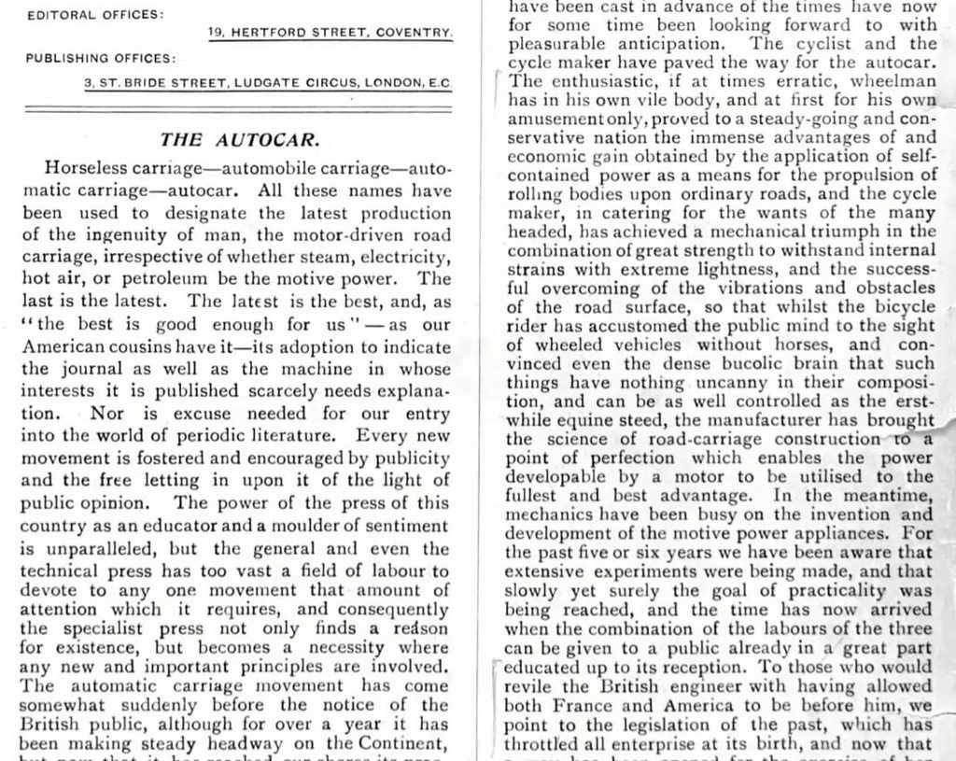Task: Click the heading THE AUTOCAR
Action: pos(240,140)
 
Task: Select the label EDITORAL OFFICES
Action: pos(94,15)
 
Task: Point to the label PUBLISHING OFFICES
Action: pos(101,58)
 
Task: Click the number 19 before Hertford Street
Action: pos(216,33)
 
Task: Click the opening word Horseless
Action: pos(89,169)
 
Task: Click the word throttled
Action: pos(546,744)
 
